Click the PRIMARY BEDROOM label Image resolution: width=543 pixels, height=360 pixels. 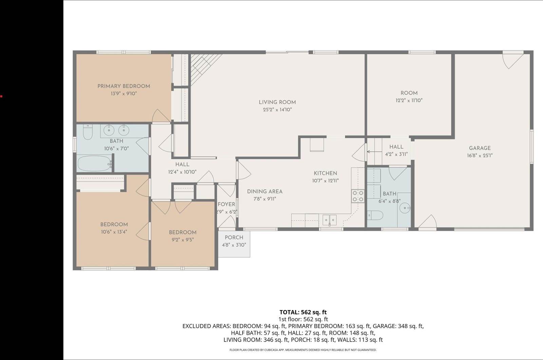[124, 86]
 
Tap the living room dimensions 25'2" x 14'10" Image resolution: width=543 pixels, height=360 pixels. [277, 110]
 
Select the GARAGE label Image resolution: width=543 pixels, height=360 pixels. [480, 148]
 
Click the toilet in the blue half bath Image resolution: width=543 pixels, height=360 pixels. [375, 215]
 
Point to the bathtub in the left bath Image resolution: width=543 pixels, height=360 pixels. [94, 164]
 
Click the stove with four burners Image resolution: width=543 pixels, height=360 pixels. [358, 196]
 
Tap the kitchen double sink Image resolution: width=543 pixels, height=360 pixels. [329, 220]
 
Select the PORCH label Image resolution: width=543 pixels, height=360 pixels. [234, 237]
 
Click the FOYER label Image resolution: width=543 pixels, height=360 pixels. [226, 204]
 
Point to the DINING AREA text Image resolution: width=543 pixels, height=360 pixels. [265, 192]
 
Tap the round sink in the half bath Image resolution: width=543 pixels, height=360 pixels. [405, 208]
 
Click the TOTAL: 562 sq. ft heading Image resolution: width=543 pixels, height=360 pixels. [303, 312]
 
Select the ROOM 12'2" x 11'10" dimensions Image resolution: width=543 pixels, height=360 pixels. [409, 101]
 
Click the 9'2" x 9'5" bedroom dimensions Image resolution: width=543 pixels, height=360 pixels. [183, 240]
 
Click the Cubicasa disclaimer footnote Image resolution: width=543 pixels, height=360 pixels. [303, 350]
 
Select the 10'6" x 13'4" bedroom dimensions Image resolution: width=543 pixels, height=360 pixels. [114, 232]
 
